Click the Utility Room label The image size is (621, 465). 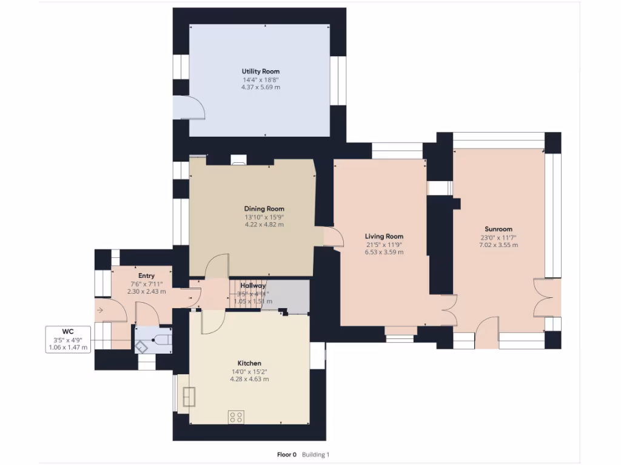click(x=260, y=71)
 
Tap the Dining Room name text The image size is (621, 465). click(x=264, y=209)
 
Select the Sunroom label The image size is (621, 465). click(x=498, y=229)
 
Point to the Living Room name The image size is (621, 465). click(x=384, y=237)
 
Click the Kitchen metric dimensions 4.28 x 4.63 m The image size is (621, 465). click(x=249, y=379)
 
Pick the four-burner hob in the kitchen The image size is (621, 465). click(x=236, y=417)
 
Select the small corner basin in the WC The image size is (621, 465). click(x=141, y=346)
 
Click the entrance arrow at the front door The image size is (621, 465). click(x=100, y=311)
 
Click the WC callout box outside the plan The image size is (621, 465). click(x=68, y=340)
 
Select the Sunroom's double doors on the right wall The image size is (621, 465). click(x=543, y=298)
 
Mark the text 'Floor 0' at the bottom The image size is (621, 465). click(x=287, y=455)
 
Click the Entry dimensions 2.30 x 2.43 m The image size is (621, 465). click(x=146, y=291)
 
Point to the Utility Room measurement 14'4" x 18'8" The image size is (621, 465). click(x=260, y=79)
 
